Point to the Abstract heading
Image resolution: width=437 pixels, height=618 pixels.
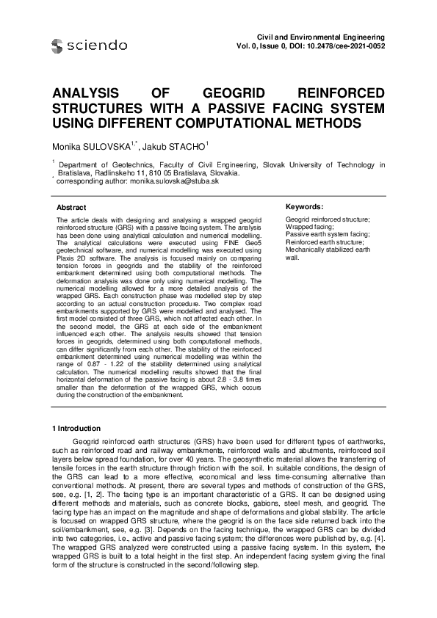coord(71,208)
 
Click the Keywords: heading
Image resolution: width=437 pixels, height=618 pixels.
coord(304,207)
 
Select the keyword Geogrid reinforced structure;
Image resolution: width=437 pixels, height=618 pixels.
coord(327,219)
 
